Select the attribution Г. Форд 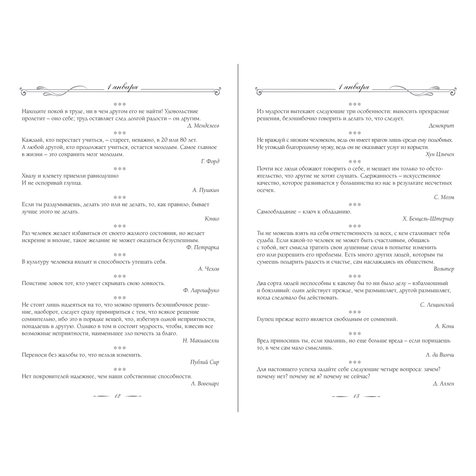[x=210, y=161]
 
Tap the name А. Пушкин [x=206, y=190]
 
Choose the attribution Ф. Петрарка [x=203, y=248]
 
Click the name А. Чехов [x=208, y=269]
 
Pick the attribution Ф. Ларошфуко [x=200, y=290]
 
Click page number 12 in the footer [x=117, y=396]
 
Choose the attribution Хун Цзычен [x=440, y=154]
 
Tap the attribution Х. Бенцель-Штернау [x=428, y=218]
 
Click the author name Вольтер [x=444, y=269]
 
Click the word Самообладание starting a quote [x=276, y=211]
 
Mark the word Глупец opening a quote [x=267, y=319]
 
